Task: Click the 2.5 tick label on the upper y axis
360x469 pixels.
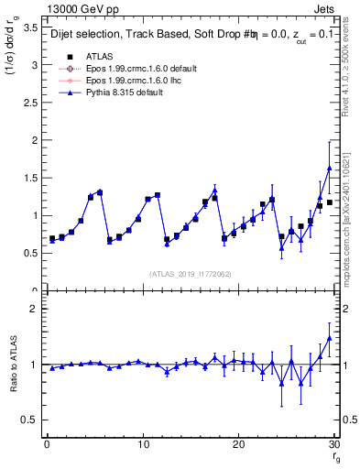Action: click(x=30, y=104)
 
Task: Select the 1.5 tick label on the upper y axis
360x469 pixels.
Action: click(x=30, y=179)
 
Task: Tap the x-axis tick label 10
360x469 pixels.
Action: click(x=142, y=444)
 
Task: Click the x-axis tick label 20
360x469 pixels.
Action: click(x=238, y=444)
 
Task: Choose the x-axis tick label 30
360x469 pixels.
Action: click(x=333, y=444)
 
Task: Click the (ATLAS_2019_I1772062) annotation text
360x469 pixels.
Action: click(x=190, y=274)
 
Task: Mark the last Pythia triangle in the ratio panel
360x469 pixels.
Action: click(x=329, y=338)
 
